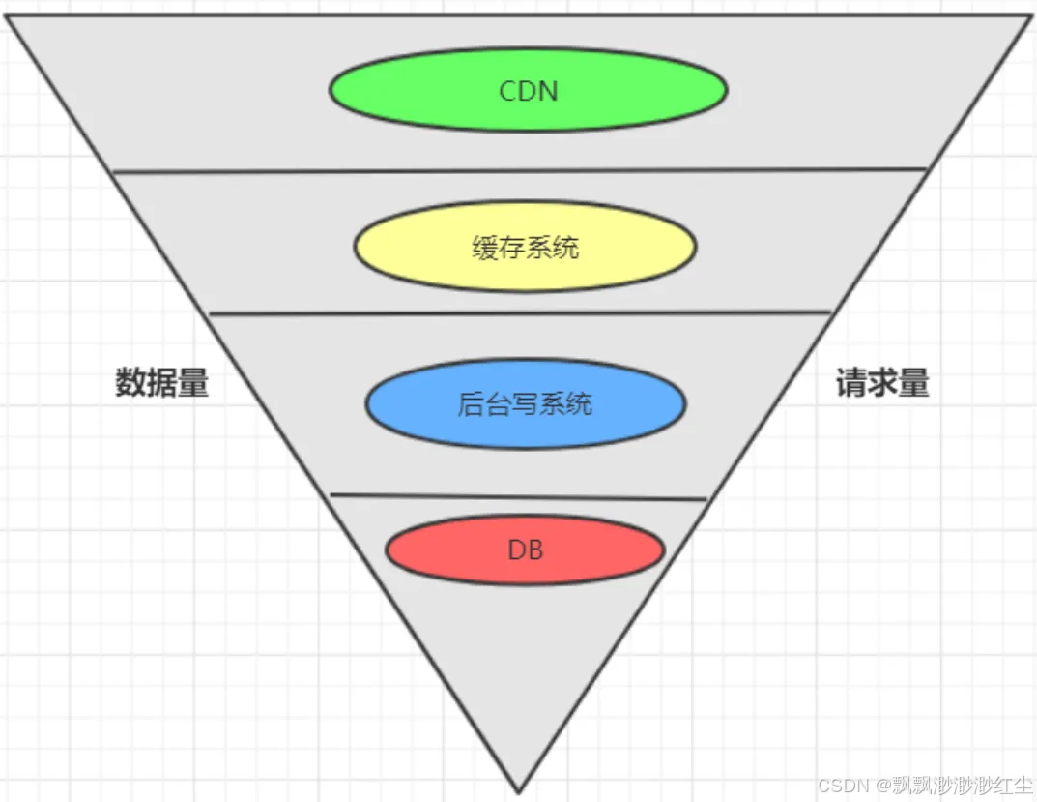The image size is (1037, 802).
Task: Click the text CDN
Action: click(529, 91)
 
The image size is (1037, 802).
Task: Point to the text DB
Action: click(526, 550)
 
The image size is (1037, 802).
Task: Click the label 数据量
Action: click(162, 383)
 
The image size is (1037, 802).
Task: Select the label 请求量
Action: click(881, 384)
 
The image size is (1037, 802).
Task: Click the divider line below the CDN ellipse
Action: click(519, 171)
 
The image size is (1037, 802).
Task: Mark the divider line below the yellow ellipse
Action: click(519, 313)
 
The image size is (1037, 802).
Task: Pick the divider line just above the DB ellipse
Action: click(519, 497)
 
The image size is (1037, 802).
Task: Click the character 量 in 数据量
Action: click(193, 383)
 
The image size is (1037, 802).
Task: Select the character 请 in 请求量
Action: click(850, 384)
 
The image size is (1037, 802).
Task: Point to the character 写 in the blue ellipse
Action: click(526, 403)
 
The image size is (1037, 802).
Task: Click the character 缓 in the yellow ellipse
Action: click(485, 248)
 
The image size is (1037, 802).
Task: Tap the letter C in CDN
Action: click(508, 91)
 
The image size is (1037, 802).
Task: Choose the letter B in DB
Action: click(534, 550)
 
